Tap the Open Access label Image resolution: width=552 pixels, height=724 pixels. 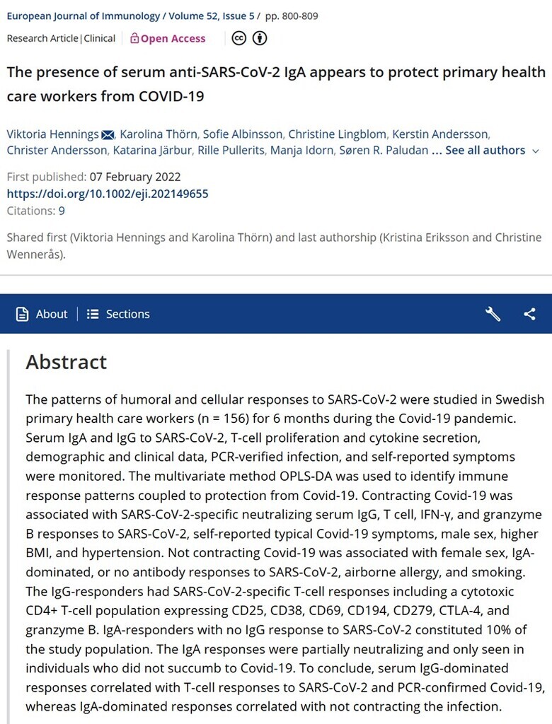click(168, 38)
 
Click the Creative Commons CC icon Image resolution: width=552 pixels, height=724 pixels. click(239, 38)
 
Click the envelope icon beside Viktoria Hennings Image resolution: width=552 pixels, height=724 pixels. click(108, 134)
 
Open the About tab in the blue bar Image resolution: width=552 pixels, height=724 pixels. click(42, 314)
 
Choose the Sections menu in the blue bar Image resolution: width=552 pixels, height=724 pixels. click(118, 314)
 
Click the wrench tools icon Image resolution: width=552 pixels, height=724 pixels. click(493, 314)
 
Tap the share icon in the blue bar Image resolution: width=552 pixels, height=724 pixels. click(529, 314)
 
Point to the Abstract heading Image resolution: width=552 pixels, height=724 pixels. click(67, 362)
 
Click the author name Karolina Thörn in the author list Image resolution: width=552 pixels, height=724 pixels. click(159, 134)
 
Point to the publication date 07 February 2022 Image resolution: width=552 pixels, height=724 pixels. click(134, 177)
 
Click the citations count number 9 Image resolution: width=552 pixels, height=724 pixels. click(62, 211)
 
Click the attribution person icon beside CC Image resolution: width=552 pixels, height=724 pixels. click(259, 38)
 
